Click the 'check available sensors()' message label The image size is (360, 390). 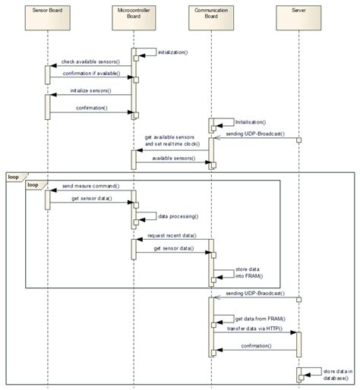90,61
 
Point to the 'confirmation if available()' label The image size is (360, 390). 90,74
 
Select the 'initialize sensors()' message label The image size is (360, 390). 90,91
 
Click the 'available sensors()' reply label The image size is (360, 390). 172,158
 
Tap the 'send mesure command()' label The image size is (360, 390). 89,186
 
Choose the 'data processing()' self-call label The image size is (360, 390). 178,216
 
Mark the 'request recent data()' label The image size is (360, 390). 172,236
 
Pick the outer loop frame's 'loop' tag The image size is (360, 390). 14,177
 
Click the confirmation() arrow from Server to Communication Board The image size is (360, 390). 256,351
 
